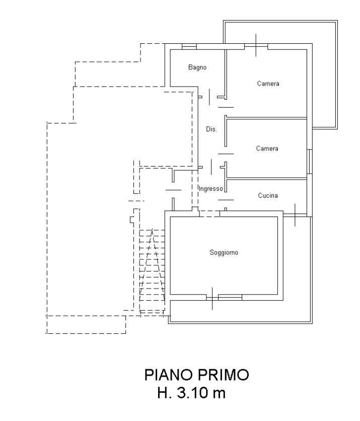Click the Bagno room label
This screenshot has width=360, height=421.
click(x=197, y=67)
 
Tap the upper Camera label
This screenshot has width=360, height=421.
click(x=268, y=84)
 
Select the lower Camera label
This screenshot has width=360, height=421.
click(x=267, y=149)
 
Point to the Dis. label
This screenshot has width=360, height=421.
click(x=211, y=129)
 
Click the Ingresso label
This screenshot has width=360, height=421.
click(x=210, y=189)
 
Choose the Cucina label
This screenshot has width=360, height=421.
click(x=268, y=195)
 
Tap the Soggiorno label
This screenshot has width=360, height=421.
click(x=224, y=253)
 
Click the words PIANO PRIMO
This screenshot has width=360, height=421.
click(x=196, y=375)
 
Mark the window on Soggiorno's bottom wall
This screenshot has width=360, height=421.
click(x=224, y=298)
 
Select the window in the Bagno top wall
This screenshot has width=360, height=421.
click(x=189, y=47)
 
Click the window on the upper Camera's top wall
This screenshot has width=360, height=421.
click(x=256, y=47)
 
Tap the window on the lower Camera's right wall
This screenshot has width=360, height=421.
click(x=309, y=160)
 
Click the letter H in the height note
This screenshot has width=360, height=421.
click(x=164, y=393)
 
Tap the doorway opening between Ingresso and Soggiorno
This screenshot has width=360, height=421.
click(x=209, y=214)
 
